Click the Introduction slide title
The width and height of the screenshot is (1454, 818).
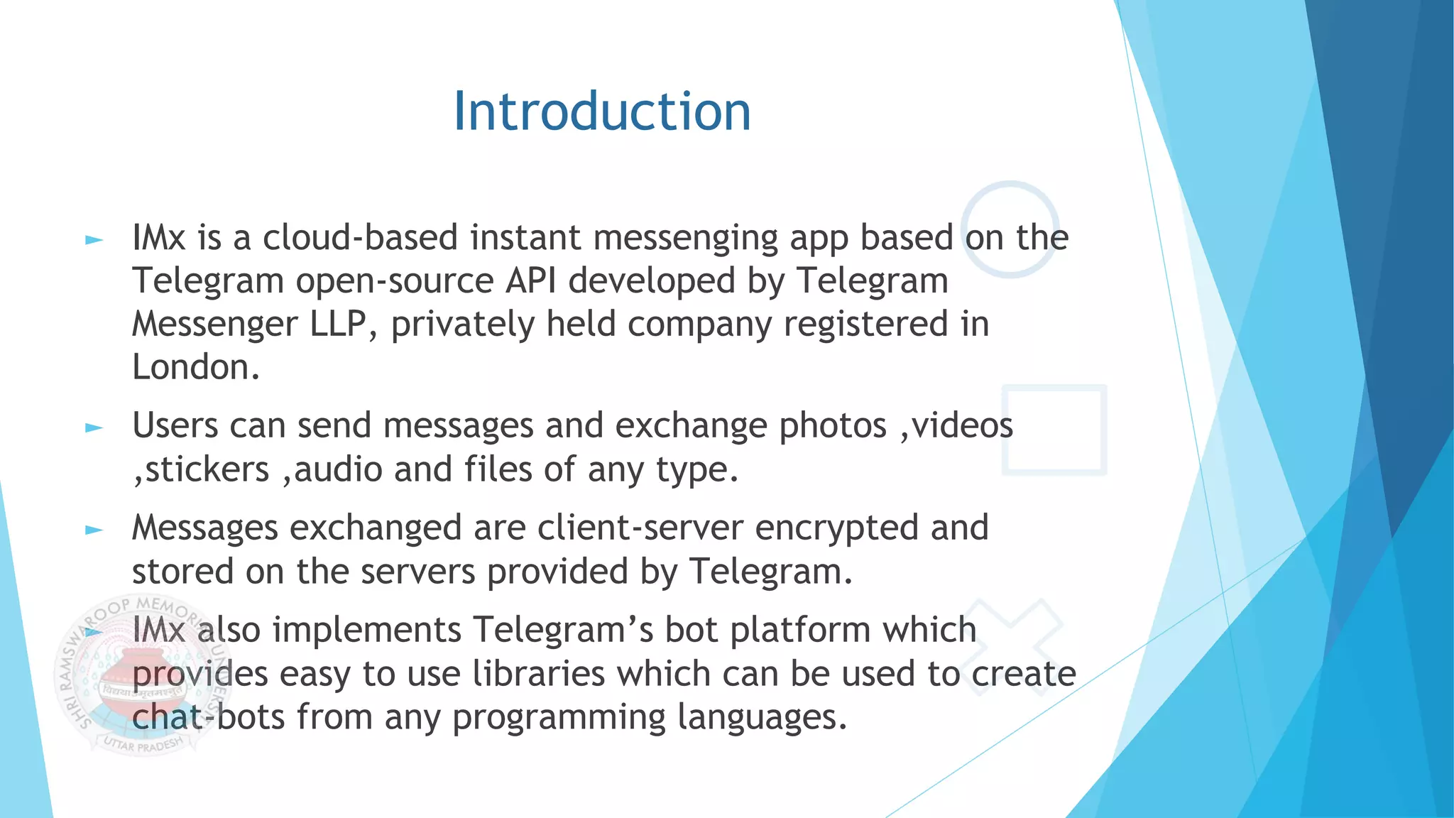(x=602, y=111)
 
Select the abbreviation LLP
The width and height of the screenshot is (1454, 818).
(x=338, y=325)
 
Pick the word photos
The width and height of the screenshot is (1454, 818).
(x=833, y=426)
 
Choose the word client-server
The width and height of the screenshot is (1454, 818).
(x=640, y=528)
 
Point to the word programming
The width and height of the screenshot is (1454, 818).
(x=559, y=717)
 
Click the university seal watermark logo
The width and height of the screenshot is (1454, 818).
(x=135, y=675)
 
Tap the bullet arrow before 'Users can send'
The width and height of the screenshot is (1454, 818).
(x=94, y=427)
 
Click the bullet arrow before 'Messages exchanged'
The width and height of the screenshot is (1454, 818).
(x=94, y=530)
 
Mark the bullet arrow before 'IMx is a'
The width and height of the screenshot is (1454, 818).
(x=94, y=240)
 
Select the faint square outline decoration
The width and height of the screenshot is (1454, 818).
(x=1054, y=430)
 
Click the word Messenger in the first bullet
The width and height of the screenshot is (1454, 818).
(x=214, y=325)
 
